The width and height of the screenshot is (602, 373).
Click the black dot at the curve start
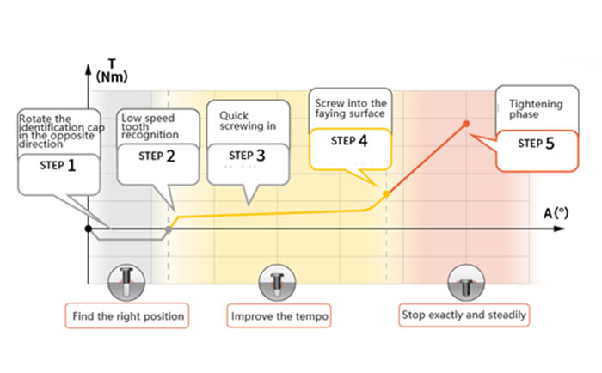(x=89, y=229)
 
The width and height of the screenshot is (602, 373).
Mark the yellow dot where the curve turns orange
(x=385, y=194)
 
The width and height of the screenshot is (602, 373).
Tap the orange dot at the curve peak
(x=467, y=124)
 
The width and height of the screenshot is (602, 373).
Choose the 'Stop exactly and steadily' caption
(x=464, y=315)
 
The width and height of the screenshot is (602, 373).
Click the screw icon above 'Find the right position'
(x=126, y=280)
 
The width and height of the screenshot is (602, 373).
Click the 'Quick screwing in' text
(x=247, y=119)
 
